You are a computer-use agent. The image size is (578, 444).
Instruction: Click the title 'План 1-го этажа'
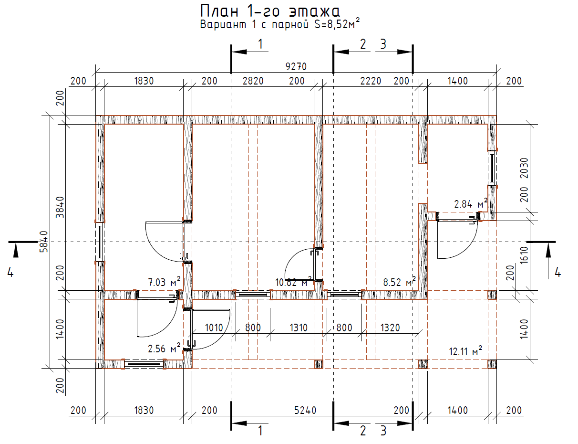click(270, 11)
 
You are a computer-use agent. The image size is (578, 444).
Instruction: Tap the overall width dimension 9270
click(296, 66)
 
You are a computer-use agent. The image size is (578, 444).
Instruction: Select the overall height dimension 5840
click(44, 242)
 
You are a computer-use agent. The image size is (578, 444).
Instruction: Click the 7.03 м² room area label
click(164, 282)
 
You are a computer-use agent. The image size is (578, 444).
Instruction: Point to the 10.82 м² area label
click(293, 282)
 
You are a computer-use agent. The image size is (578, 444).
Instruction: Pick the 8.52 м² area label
click(400, 282)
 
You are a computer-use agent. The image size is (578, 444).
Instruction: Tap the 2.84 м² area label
click(471, 204)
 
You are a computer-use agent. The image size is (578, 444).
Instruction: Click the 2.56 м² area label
click(164, 349)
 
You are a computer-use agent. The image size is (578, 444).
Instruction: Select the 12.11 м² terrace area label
click(465, 351)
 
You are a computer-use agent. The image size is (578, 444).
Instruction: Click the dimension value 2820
click(253, 81)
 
